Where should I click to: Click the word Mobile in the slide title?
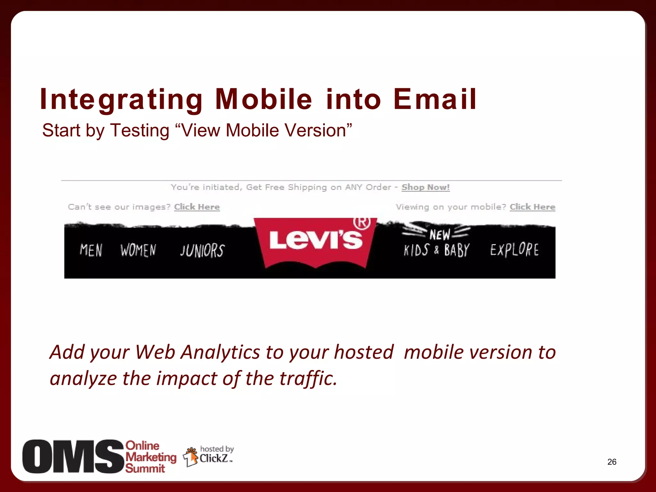pyautogui.click(x=263, y=99)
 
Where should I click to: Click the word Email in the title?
pyautogui.click(x=435, y=99)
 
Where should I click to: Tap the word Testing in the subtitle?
pyautogui.click(x=139, y=131)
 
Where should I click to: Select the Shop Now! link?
pyautogui.click(x=425, y=187)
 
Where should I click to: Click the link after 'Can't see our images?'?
pyautogui.click(x=197, y=207)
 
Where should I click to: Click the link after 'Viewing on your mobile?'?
pyautogui.click(x=532, y=207)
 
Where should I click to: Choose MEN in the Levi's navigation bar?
pyautogui.click(x=91, y=250)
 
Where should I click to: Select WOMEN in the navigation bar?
pyautogui.click(x=138, y=250)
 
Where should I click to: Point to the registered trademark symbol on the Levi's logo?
pyautogui.click(x=362, y=222)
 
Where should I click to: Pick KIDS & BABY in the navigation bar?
pyautogui.click(x=436, y=250)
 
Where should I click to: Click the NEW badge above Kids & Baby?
pyautogui.click(x=439, y=235)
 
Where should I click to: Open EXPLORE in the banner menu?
pyautogui.click(x=514, y=250)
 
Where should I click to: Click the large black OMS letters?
pyautogui.click(x=73, y=457)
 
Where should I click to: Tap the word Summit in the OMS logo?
pyautogui.click(x=145, y=469)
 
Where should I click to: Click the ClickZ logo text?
pyautogui.click(x=214, y=459)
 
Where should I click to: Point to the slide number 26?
pyautogui.click(x=612, y=462)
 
